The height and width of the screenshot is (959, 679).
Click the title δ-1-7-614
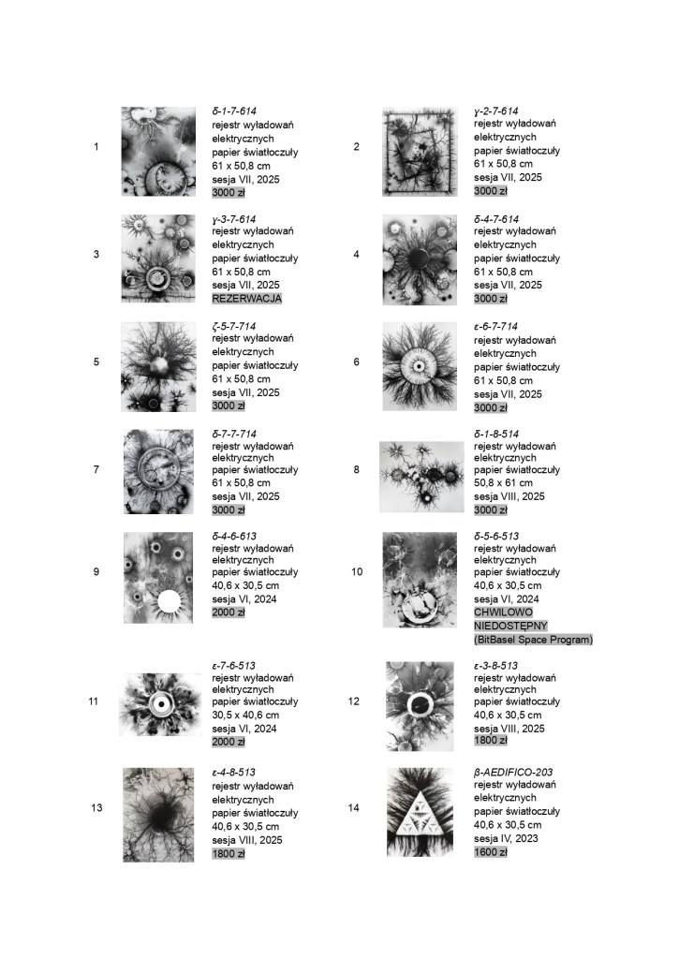pyautogui.click(x=236, y=111)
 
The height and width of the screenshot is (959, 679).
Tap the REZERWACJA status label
pyautogui.click(x=247, y=299)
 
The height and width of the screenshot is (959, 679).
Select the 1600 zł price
pyautogui.click(x=491, y=852)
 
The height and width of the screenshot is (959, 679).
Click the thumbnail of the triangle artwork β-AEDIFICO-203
pyautogui.click(x=420, y=812)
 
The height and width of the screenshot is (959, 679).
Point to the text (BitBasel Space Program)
pyautogui.click(x=533, y=640)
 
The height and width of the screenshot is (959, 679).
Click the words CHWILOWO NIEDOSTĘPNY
pyautogui.click(x=511, y=618)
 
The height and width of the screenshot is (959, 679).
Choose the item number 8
pyautogui.click(x=356, y=469)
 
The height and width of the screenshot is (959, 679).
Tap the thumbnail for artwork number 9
pyautogui.click(x=158, y=578)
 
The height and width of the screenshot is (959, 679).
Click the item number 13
pyautogui.click(x=96, y=807)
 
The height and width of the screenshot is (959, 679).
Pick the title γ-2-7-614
pyautogui.click(x=497, y=111)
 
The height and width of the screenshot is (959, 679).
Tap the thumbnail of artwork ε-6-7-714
pyautogui.click(x=420, y=366)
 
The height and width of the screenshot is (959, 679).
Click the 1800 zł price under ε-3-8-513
pyautogui.click(x=491, y=741)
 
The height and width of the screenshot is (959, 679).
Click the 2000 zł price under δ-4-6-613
pyautogui.click(x=229, y=612)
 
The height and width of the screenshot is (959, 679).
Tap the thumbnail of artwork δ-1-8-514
pyautogui.click(x=421, y=477)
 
